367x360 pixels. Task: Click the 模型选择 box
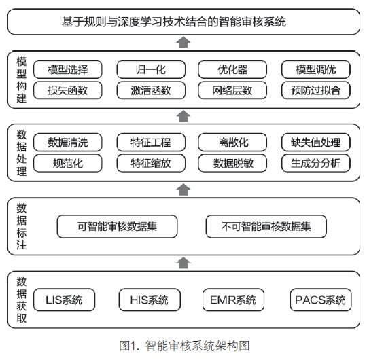click(68, 69)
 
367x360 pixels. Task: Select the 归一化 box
click(151, 69)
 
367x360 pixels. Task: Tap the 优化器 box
click(232, 69)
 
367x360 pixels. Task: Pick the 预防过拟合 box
click(316, 90)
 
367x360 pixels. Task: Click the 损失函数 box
click(68, 90)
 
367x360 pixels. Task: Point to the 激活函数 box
click(151, 90)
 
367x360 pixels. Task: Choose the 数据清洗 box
click(68, 142)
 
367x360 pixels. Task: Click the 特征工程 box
click(151, 142)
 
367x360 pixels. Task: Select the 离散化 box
click(232, 142)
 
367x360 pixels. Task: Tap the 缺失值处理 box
click(316, 142)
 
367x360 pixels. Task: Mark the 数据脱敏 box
click(232, 163)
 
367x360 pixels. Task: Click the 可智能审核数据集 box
click(118, 226)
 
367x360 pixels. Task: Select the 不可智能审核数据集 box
click(266, 226)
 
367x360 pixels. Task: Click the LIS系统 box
click(64, 300)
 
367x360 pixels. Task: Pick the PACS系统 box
click(321, 300)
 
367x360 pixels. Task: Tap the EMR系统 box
click(233, 300)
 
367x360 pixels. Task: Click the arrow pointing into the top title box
click(183, 42)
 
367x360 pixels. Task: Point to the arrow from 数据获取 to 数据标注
click(183, 263)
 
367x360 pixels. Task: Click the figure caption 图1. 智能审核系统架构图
click(184, 346)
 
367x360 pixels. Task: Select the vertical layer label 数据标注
click(21, 226)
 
